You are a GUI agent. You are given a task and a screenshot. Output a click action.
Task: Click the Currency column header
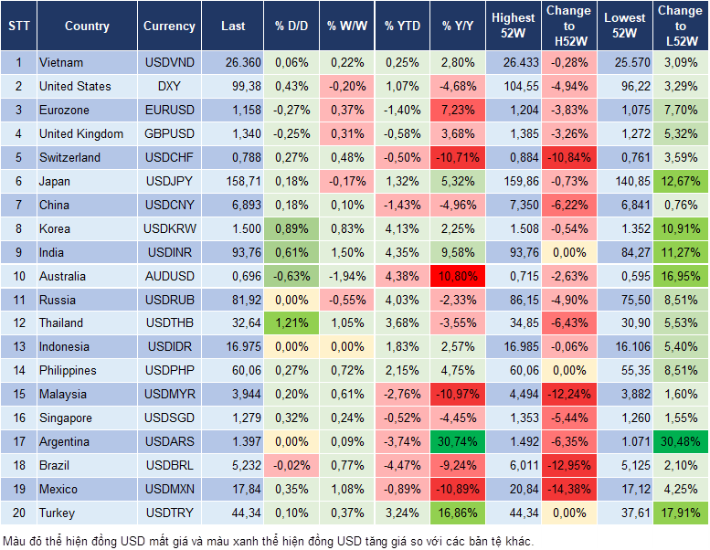169,26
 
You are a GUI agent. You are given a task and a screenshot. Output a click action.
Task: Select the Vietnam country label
61,62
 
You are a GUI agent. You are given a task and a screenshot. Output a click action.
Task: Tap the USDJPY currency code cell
169,181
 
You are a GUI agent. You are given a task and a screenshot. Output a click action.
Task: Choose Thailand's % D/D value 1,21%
291,323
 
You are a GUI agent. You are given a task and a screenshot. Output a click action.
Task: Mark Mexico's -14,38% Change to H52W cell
567,489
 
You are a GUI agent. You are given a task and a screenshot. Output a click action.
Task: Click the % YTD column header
401,26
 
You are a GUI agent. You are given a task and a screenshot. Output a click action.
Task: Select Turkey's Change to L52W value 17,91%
679,513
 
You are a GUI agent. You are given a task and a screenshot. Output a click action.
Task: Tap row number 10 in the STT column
17,276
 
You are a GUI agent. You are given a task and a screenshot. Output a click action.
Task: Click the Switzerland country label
69,157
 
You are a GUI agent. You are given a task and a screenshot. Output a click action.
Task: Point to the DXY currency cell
169,86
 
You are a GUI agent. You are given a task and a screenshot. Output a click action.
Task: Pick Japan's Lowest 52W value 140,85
624,181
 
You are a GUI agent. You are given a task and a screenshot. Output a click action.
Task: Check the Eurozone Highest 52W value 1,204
513,110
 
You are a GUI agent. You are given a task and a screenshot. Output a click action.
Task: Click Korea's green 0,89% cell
291,228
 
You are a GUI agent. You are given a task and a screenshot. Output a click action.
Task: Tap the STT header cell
17,26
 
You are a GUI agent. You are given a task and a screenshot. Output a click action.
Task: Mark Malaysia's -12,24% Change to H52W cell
567,394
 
